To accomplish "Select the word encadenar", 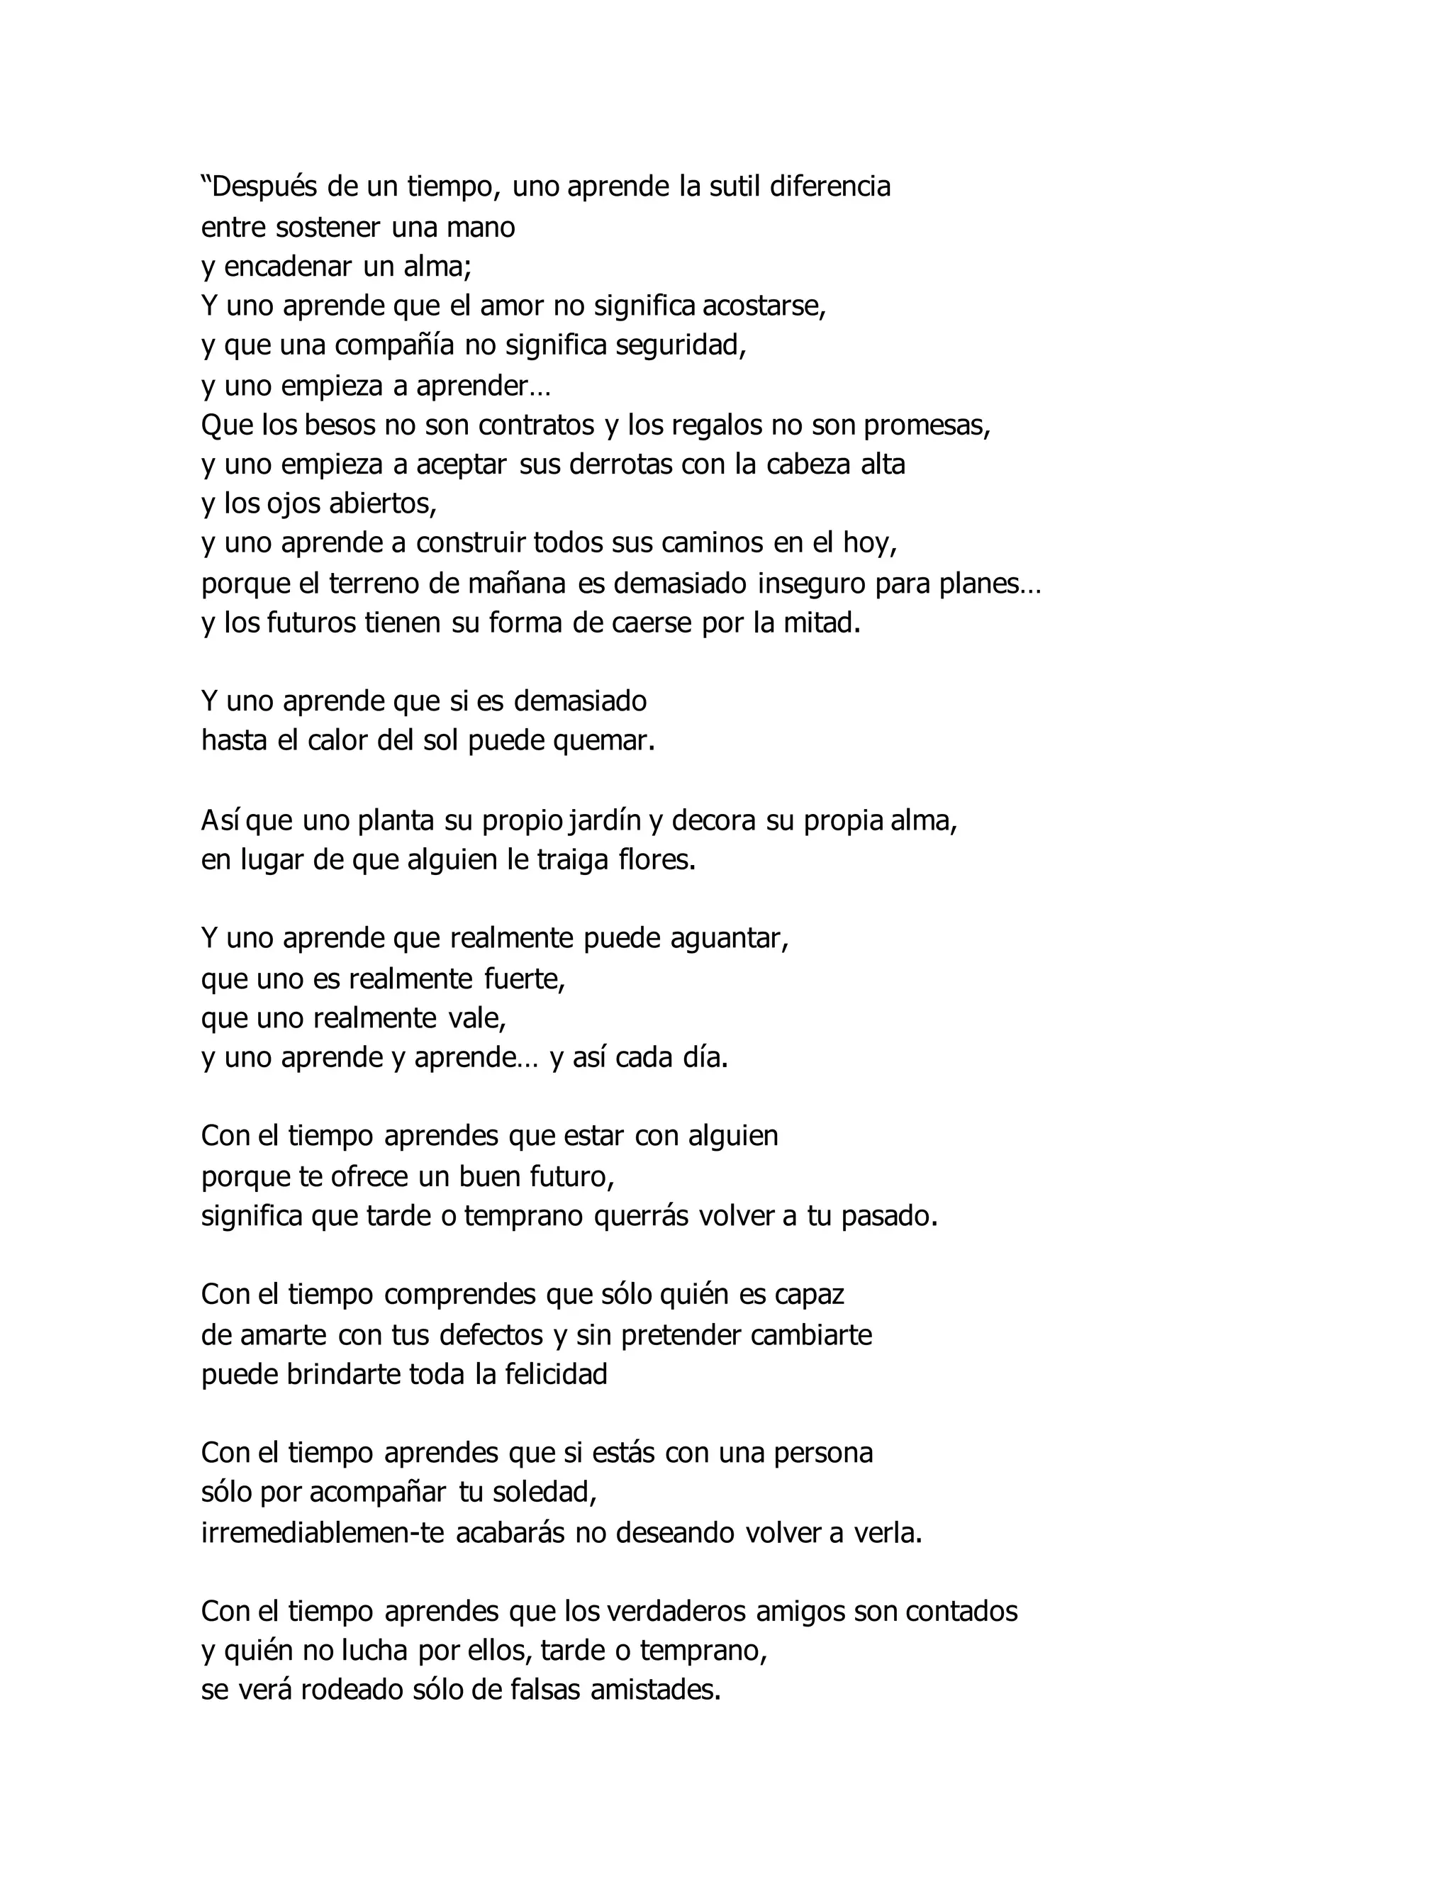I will (x=289, y=267).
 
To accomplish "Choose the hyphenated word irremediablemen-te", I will (x=323, y=1533).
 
